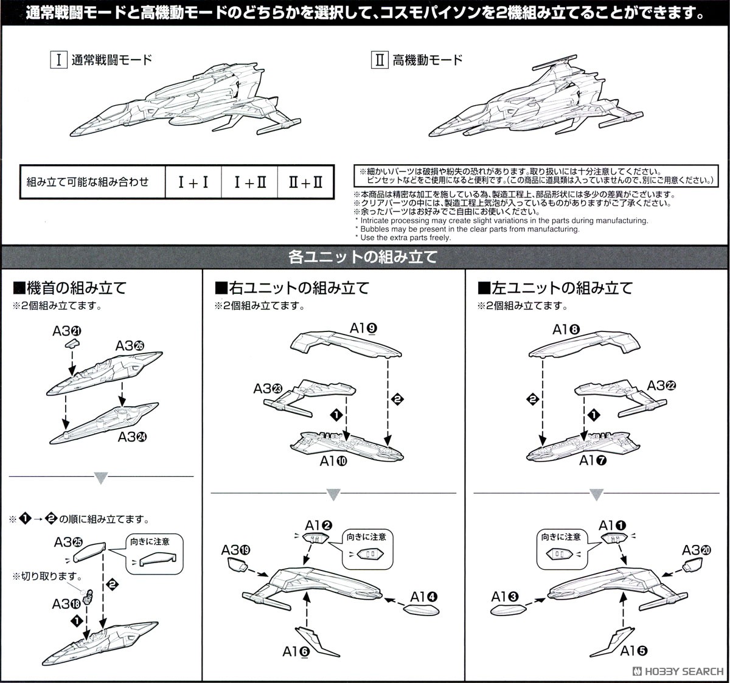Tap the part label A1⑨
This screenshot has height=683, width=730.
click(x=364, y=328)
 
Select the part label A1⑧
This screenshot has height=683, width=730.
click(x=566, y=330)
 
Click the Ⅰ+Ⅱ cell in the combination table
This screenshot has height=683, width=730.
click(x=250, y=182)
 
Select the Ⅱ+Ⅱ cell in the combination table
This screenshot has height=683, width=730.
click(x=305, y=182)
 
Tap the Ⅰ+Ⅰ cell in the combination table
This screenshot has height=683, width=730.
click(x=193, y=182)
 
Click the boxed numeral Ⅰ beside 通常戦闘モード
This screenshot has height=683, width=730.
click(x=58, y=60)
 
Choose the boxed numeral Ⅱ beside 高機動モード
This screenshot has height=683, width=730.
click(x=379, y=60)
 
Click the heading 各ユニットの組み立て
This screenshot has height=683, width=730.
click(x=363, y=257)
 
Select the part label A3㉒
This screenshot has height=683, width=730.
click(x=662, y=386)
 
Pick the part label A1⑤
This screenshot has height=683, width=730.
click(x=633, y=651)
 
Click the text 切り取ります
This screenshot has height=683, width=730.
click(x=46, y=576)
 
